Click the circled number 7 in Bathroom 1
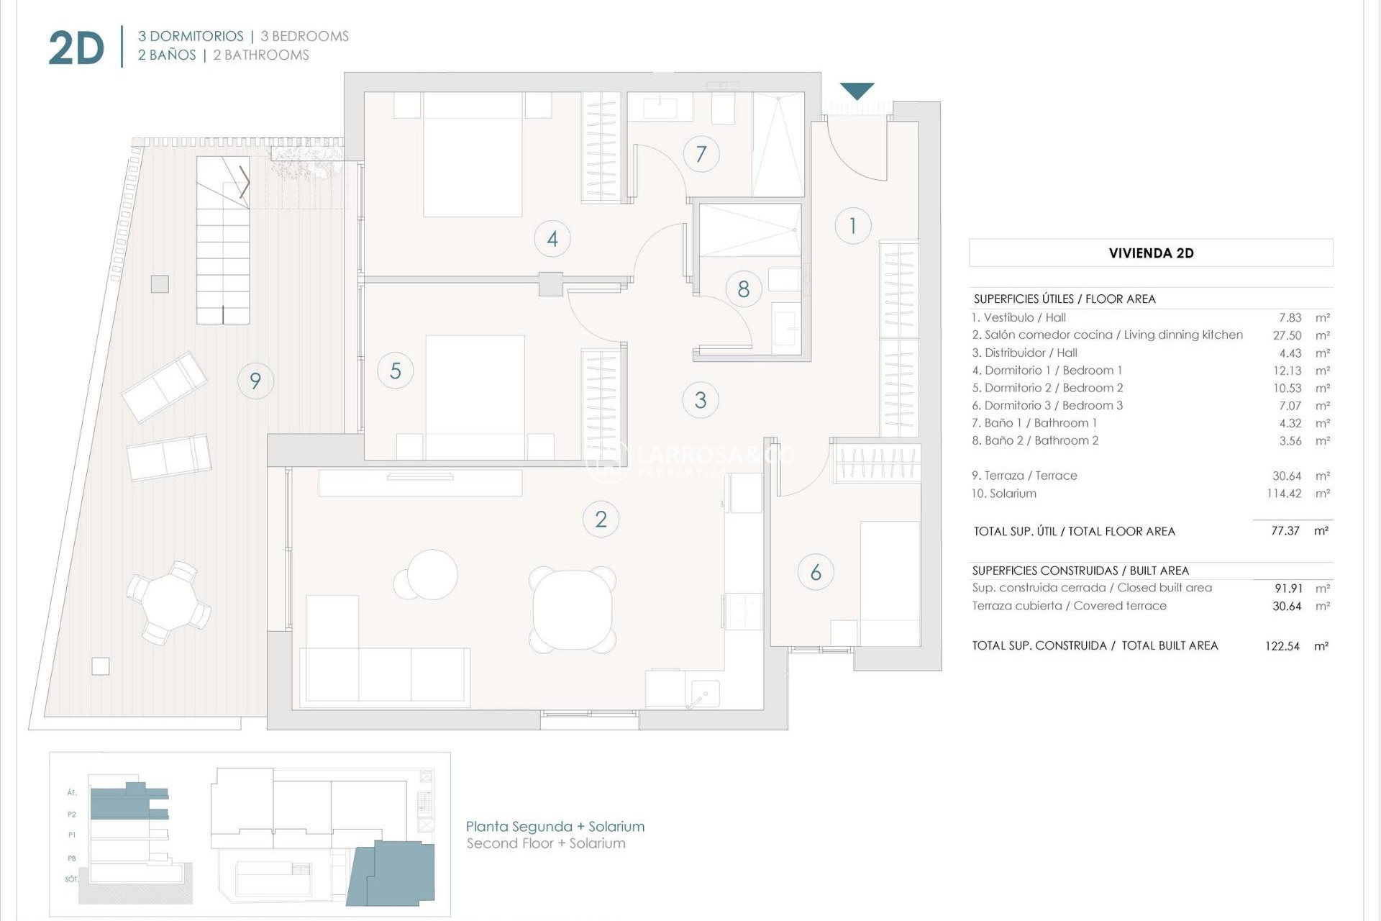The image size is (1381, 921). [x=701, y=153]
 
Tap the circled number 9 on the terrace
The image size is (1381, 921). [x=255, y=380]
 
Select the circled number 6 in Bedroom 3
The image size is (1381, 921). [x=816, y=572]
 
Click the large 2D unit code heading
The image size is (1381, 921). [x=76, y=49]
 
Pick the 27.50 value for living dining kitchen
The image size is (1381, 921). [x=1287, y=335]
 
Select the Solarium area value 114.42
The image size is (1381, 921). [x=1283, y=494]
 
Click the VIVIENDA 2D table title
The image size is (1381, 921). [x=1151, y=253]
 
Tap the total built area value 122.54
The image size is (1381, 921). [x=1282, y=646]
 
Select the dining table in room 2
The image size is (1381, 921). [x=573, y=609]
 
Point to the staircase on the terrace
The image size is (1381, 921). [x=223, y=241]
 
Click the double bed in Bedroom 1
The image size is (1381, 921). [x=473, y=155]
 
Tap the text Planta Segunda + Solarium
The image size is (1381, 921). [x=555, y=827]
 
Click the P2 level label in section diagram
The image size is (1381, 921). [x=72, y=815]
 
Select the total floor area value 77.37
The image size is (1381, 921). [x=1285, y=531]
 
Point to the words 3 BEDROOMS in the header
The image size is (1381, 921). [x=304, y=36]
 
